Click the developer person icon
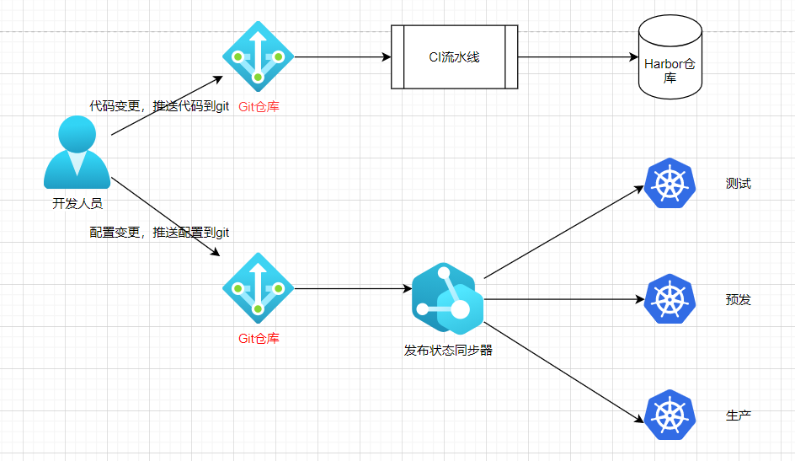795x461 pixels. point(77,153)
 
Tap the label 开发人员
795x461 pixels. point(77,203)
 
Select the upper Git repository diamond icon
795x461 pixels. point(258,56)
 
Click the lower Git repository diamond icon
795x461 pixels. point(258,288)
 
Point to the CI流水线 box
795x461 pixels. point(454,56)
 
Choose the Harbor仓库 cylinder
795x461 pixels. point(670,56)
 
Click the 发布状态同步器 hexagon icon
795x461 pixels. point(448,298)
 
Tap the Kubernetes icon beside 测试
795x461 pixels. point(670,183)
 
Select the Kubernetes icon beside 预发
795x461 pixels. point(670,298)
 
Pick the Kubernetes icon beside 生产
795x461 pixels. point(670,415)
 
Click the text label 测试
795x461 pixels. point(739,183)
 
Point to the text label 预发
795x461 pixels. point(739,299)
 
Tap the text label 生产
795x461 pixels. point(739,415)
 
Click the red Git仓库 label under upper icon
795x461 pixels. point(259,106)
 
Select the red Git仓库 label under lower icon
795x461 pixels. point(259,338)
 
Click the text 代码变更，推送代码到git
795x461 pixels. point(159,105)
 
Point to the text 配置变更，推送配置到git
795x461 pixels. point(159,233)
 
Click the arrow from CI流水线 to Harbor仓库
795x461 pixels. point(578,56)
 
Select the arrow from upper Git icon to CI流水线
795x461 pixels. point(343,56)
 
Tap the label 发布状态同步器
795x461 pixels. point(448,350)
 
